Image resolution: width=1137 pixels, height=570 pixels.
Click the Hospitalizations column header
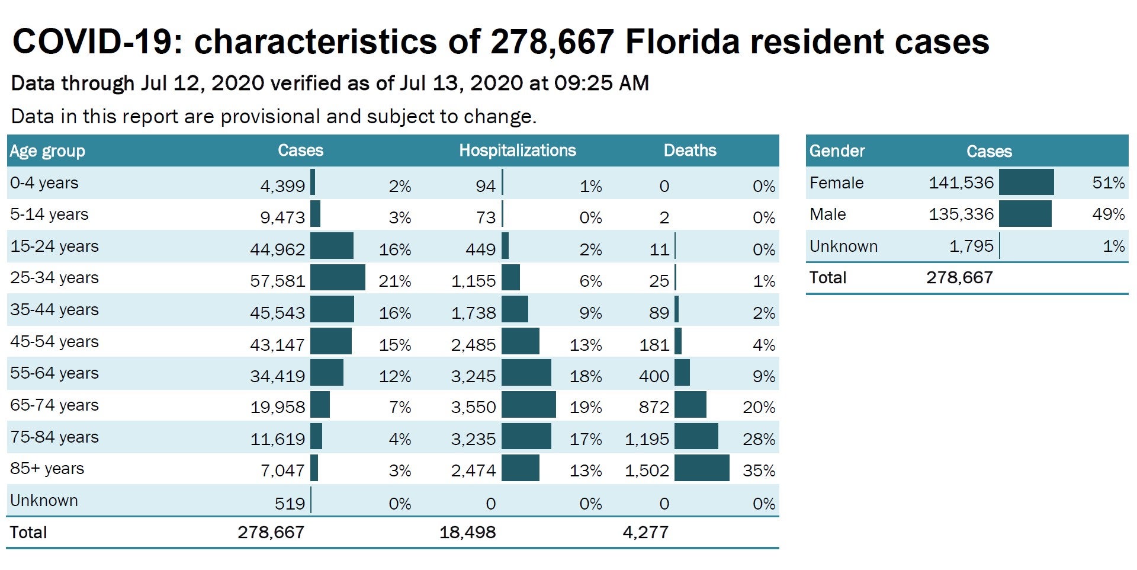517,150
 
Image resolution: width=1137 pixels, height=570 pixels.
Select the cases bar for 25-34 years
338,278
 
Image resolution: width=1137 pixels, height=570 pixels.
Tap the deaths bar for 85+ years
702,468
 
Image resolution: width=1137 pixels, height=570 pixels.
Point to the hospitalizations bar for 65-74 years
528,405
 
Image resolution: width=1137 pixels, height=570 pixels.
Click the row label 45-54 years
54,342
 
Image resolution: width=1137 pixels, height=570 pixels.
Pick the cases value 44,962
277,249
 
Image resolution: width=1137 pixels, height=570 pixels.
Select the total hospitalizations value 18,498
467,532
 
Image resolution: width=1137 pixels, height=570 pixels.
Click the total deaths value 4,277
645,532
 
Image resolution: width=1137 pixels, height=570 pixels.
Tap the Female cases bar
1026,182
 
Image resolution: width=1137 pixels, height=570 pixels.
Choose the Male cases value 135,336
961,214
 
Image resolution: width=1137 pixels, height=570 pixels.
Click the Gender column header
837,151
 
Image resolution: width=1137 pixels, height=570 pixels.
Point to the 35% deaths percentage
759,470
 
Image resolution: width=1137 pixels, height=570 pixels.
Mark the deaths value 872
654,407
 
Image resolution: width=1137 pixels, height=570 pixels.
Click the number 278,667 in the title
552,41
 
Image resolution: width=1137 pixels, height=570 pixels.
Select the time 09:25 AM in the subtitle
601,83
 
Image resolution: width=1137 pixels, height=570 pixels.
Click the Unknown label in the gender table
843,246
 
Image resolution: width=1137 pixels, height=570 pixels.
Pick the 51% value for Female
1108,182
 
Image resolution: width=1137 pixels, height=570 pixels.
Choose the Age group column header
47,151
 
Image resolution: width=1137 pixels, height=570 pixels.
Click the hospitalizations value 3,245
473,376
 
